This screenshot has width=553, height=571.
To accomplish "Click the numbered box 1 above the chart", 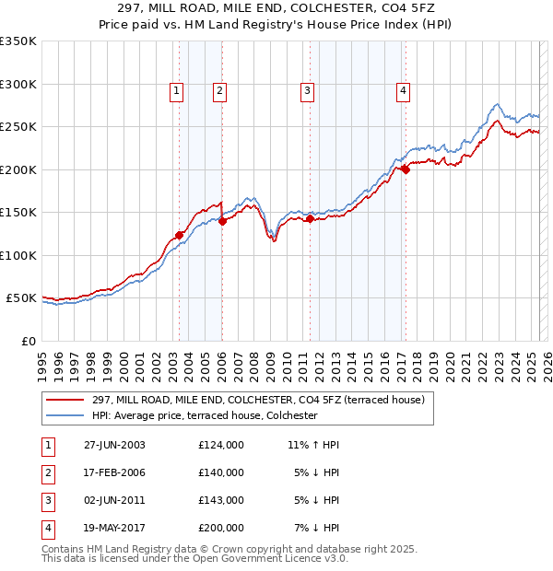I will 176,90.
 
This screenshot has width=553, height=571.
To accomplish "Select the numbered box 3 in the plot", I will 307,90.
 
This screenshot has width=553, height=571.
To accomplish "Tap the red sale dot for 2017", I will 405,169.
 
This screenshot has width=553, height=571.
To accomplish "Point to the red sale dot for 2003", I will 180,235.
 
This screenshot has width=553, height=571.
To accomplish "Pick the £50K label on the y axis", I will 22,298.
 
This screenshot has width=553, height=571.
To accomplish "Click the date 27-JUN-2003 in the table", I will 114,445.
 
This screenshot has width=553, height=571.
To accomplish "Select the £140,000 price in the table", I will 221,472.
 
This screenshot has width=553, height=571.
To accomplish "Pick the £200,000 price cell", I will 221,528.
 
